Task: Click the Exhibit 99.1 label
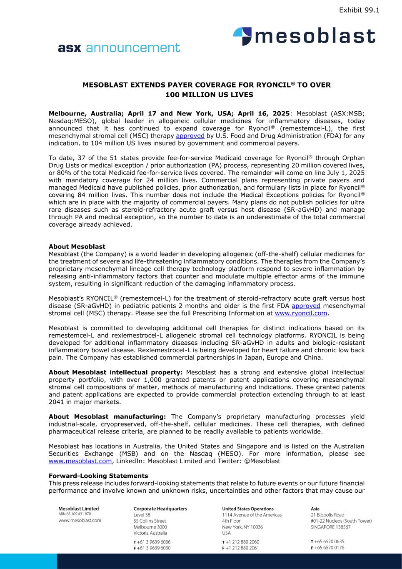click(x=359, y=10)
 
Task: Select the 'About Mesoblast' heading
click(x=77, y=247)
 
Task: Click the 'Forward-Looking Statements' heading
click(x=98, y=476)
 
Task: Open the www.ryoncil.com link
click(x=301, y=313)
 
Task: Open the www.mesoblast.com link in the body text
click(x=80, y=461)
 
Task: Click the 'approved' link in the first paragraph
click(x=190, y=136)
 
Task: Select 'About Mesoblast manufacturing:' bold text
click(x=107, y=416)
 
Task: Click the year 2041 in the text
click(x=56, y=402)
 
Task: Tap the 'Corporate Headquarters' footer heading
click(x=160, y=509)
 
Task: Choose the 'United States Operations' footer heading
click(x=248, y=509)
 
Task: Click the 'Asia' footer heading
click(x=315, y=509)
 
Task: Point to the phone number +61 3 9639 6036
click(x=154, y=542)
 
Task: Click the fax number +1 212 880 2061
click(x=242, y=548)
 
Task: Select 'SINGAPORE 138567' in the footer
click(x=331, y=527)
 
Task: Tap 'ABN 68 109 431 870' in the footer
click(x=75, y=514)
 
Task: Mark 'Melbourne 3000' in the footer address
click(x=150, y=527)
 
